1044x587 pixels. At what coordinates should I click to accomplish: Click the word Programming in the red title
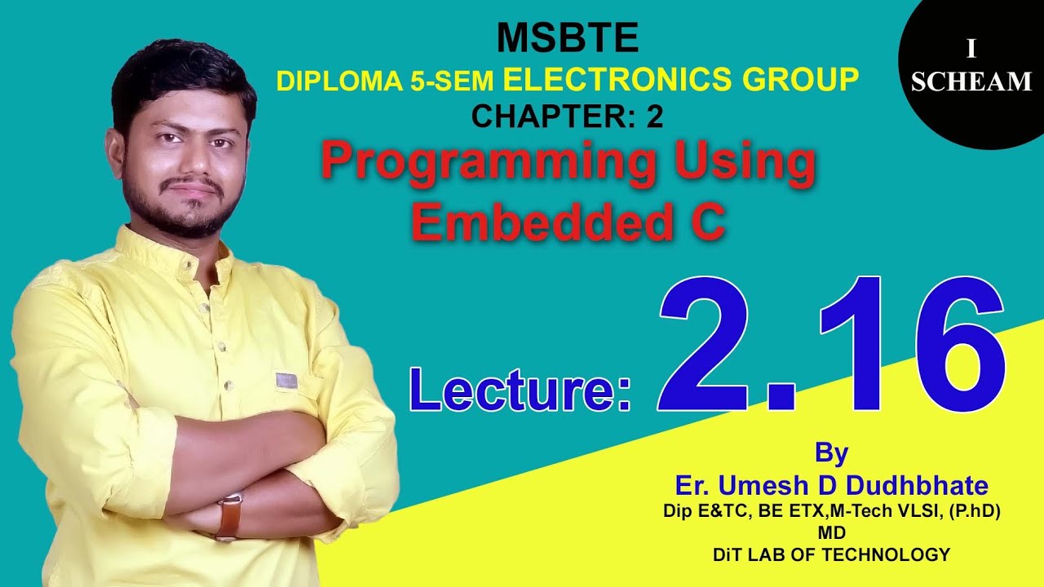[x=489, y=162]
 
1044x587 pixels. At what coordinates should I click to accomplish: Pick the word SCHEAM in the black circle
[x=971, y=82]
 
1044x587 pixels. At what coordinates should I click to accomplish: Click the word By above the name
[x=831, y=452]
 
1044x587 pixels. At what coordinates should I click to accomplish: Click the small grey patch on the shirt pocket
[x=285, y=380]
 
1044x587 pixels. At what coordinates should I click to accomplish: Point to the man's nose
[x=190, y=160]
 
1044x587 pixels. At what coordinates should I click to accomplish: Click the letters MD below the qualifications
[x=831, y=533]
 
